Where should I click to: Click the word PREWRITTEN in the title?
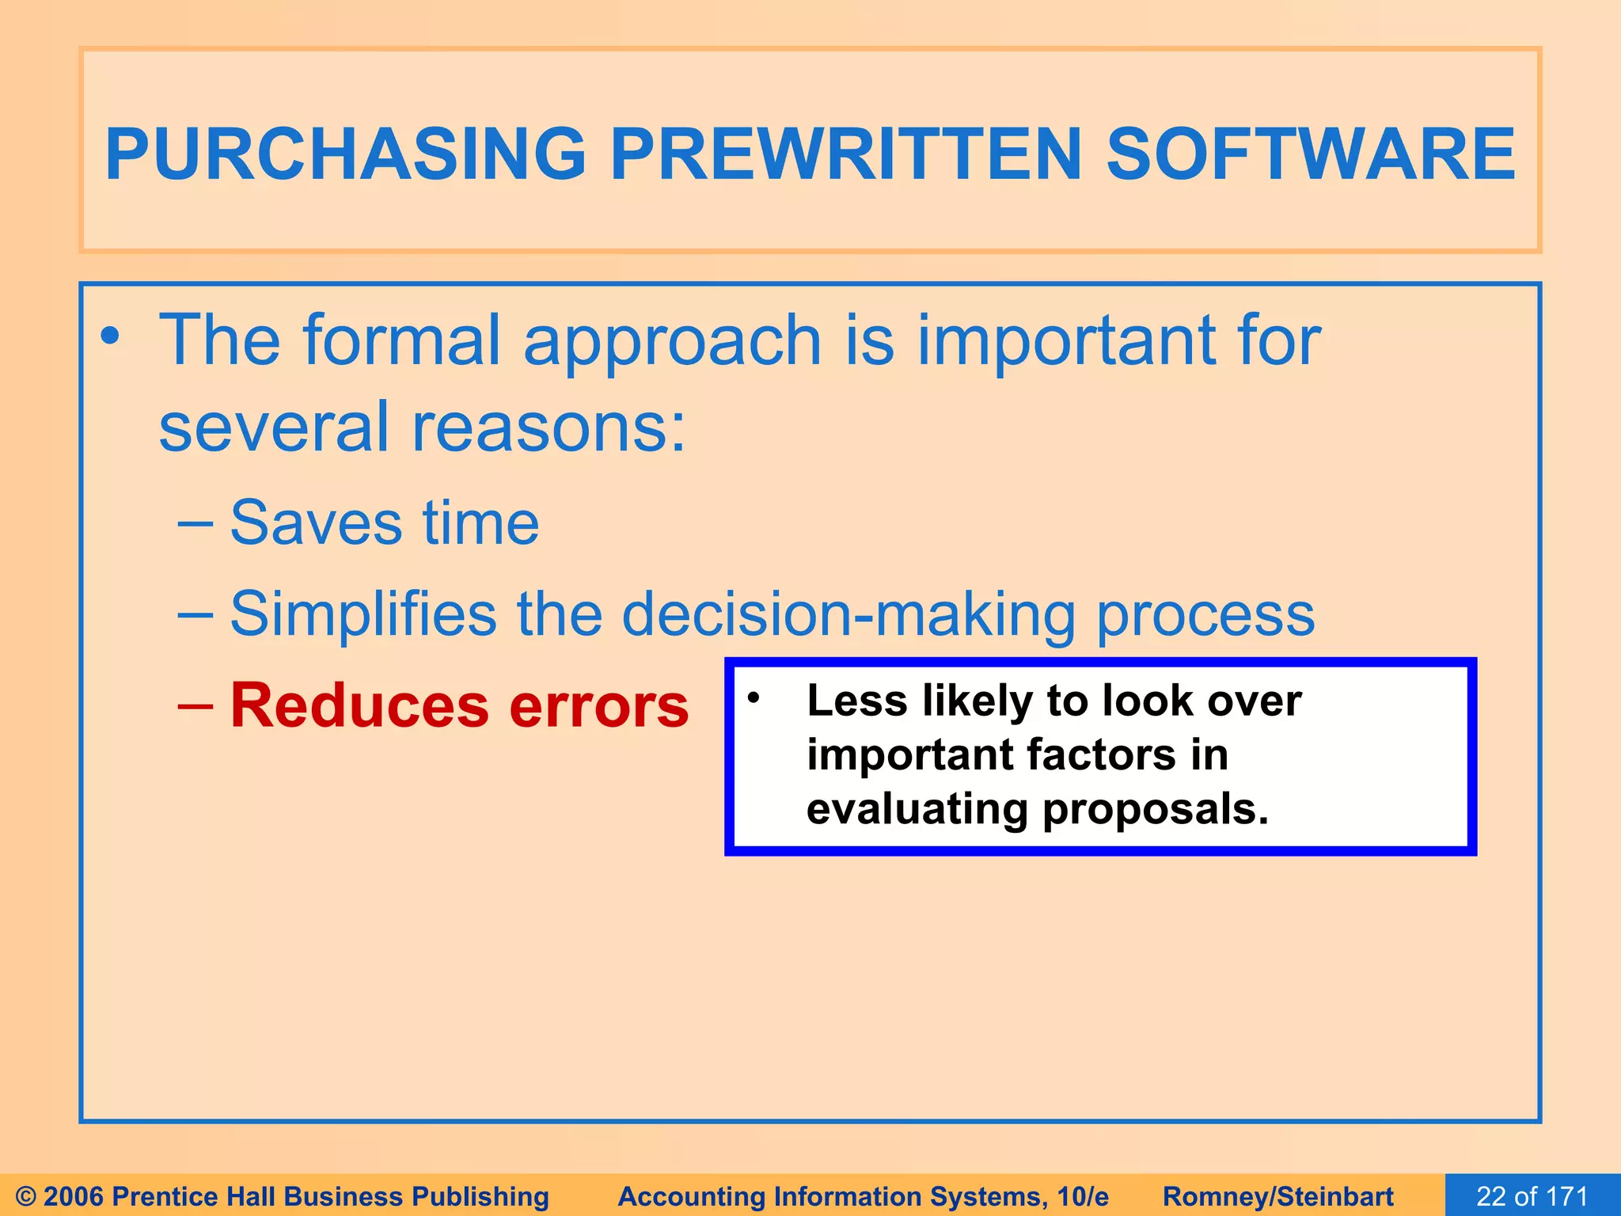click(845, 154)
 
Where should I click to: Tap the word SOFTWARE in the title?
click(1310, 154)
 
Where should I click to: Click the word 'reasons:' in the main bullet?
click(549, 427)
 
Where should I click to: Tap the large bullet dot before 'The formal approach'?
click(110, 336)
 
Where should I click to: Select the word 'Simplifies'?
click(363, 614)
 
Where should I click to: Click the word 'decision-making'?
click(848, 614)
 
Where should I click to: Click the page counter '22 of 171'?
click(1532, 1195)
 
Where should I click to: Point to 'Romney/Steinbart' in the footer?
click(1277, 1196)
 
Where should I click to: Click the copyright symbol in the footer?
click(25, 1196)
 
